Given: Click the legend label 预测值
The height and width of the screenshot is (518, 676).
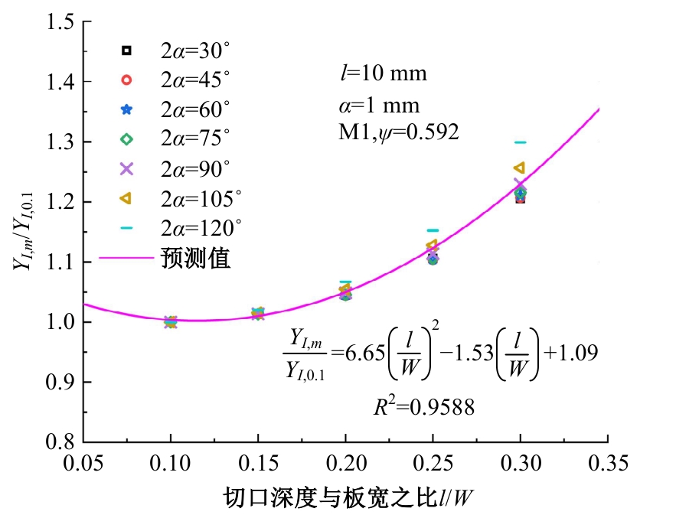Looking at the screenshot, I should point(196,258).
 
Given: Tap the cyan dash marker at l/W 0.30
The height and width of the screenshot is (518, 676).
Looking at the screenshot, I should point(521,142).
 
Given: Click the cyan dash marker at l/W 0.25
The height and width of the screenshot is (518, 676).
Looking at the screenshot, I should point(433,230).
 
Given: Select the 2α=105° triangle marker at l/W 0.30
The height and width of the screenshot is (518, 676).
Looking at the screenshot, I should point(519,168).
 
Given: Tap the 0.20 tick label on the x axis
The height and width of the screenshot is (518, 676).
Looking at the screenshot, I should point(345,463).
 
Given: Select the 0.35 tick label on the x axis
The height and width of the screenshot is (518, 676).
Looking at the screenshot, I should point(608,463).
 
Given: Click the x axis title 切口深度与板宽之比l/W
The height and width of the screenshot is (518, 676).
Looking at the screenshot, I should point(345,498).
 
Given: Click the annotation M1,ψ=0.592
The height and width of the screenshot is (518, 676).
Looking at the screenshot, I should point(399,132).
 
